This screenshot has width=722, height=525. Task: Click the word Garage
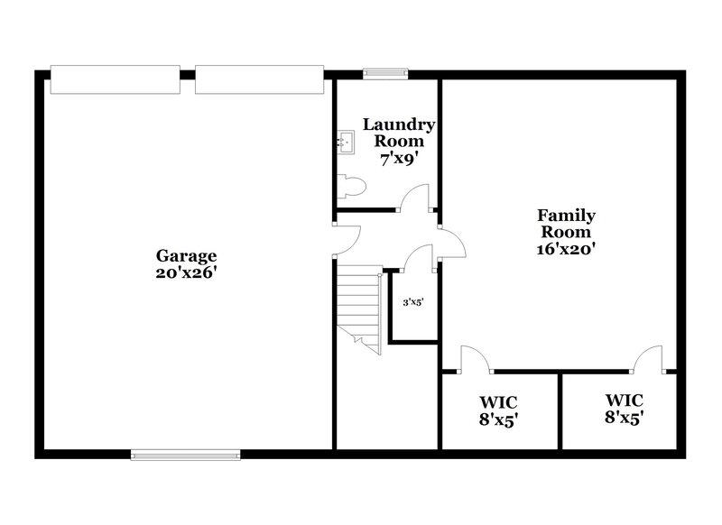click(x=186, y=255)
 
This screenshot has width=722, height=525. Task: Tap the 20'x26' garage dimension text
click(x=186, y=272)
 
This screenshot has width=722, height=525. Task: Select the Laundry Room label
click(x=400, y=132)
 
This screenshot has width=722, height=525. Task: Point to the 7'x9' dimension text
click(x=400, y=157)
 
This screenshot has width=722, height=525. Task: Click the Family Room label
click(x=566, y=223)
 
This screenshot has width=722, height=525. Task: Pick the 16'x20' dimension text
click(x=566, y=248)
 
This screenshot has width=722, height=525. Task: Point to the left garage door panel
click(x=115, y=79)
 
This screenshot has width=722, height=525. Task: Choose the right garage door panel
click(x=259, y=79)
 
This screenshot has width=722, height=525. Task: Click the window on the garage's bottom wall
click(x=186, y=455)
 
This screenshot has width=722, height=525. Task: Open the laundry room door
click(x=415, y=198)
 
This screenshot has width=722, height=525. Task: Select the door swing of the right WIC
click(x=647, y=359)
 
